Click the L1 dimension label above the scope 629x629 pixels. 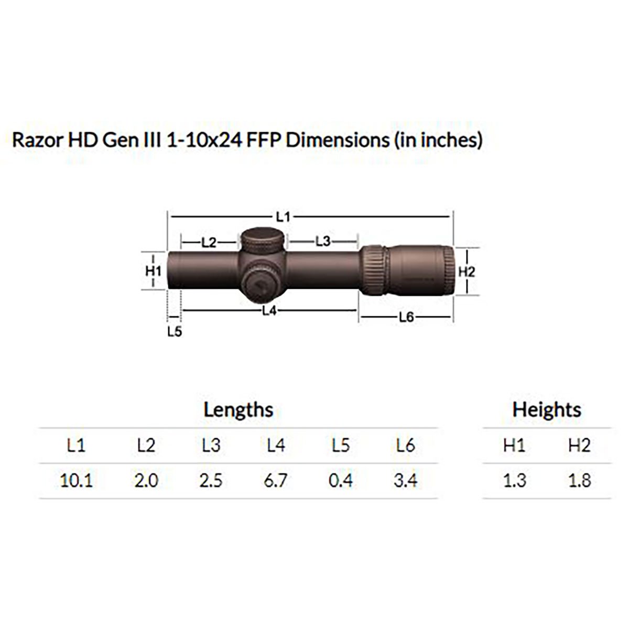[x=283, y=215]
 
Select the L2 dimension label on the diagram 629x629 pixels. [x=209, y=242]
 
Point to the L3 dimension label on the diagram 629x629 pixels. [x=323, y=241]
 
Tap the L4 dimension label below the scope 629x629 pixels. [x=269, y=311]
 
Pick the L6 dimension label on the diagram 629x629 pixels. [x=407, y=317]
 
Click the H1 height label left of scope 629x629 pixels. [x=153, y=271]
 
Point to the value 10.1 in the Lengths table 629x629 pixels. [x=77, y=480]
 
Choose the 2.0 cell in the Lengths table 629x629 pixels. [x=146, y=480]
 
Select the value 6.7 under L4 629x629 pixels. [x=276, y=480]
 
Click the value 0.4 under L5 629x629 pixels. [x=341, y=480]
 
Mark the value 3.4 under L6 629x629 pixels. [x=405, y=480]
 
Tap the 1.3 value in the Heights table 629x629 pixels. [x=514, y=480]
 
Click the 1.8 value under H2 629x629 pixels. [x=579, y=480]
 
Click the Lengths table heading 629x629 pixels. [x=238, y=409]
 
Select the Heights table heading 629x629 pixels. [x=547, y=409]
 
